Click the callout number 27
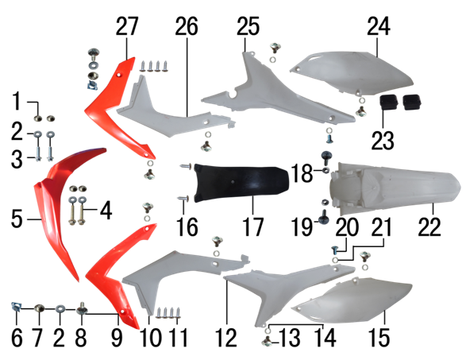tap(127, 26)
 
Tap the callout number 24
tap(379, 26)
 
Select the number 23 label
tap(383, 140)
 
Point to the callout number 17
tap(253, 227)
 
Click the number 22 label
tap(429, 227)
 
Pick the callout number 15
tap(379, 338)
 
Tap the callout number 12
tap(226, 338)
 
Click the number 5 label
tap(17, 219)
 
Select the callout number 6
tap(17, 338)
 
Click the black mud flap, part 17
tap(241, 183)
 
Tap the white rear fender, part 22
tap(395, 188)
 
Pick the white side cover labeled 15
tap(353, 300)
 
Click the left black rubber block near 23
tap(389, 102)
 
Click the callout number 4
tap(106, 210)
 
